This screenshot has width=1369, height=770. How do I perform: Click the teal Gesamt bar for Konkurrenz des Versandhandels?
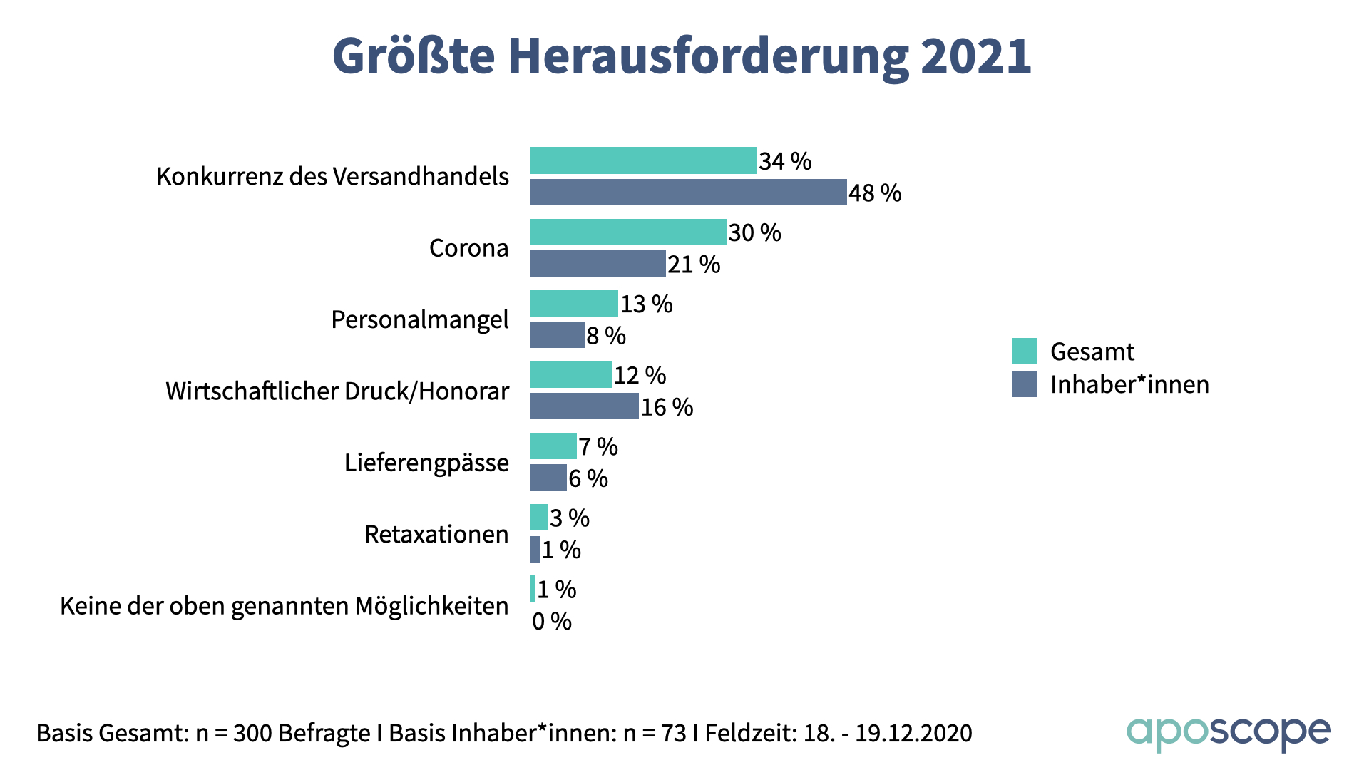(643, 160)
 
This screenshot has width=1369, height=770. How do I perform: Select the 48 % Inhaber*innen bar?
(688, 192)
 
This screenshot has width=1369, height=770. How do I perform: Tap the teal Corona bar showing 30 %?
(628, 232)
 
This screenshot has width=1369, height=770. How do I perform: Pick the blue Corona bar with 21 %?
(598, 264)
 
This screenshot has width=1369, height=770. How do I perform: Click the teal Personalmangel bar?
(574, 303)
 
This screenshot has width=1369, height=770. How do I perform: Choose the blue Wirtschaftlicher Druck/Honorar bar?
(584, 406)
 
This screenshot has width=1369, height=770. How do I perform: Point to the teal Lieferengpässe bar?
(553, 446)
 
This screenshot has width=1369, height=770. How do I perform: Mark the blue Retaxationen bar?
(535, 549)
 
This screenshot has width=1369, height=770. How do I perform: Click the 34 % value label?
(785, 161)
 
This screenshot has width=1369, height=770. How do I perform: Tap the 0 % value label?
(552, 622)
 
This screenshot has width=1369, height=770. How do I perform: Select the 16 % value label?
(667, 407)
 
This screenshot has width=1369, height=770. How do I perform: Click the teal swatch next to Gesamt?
(1024, 351)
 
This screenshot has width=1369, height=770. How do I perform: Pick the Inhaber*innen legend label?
(1129, 384)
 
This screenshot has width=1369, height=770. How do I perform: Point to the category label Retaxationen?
(436, 534)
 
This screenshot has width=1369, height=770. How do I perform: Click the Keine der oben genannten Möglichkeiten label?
(284, 605)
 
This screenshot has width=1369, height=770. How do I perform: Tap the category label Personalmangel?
(420, 319)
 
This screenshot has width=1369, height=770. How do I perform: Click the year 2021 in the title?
(975, 56)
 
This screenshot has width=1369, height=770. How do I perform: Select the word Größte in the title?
(414, 56)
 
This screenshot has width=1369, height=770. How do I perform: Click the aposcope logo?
(1229, 733)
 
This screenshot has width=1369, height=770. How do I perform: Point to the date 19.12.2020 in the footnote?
(913, 733)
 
